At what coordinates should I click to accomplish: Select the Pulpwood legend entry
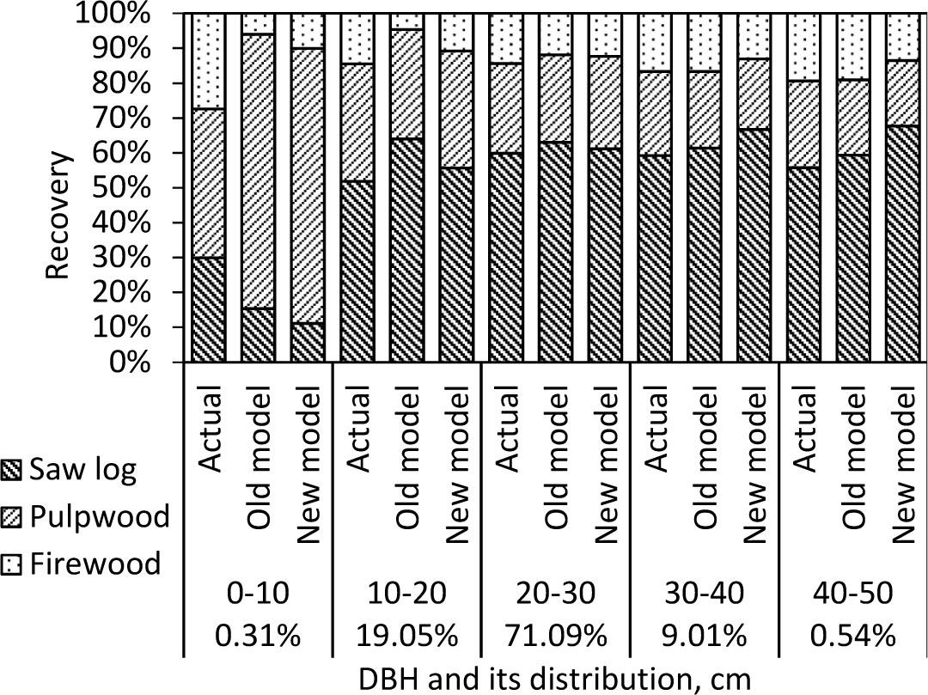86,517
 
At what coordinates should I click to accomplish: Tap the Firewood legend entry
82,564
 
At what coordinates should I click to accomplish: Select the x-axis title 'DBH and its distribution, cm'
555,679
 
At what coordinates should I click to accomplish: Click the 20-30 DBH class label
556,594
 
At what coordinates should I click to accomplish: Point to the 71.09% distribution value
556,637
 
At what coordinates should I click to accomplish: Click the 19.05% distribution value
407,637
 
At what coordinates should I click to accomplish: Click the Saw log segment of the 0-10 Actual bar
209,310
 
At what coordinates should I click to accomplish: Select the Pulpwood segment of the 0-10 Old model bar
258,172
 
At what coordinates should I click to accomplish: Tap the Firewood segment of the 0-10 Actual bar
209,60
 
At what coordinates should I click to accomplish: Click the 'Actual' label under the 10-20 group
358,430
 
